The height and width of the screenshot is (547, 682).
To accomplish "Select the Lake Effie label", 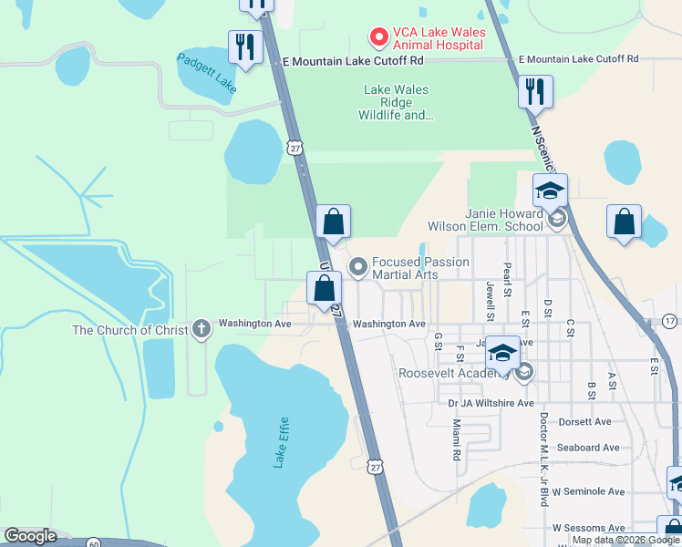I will (282, 443).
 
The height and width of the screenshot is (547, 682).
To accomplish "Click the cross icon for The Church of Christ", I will (201, 330).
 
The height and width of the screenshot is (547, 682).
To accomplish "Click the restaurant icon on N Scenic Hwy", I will (534, 91).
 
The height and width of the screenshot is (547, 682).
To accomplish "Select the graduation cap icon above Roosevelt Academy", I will (502, 352).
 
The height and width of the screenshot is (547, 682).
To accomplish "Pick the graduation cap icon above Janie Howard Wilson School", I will (550, 191).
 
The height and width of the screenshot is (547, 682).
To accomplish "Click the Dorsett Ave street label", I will (584, 422).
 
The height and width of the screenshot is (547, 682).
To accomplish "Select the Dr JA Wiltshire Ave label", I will (491, 402).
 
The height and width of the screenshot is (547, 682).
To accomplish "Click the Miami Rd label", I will (456, 439).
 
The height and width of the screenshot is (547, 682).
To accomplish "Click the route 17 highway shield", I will (670, 321).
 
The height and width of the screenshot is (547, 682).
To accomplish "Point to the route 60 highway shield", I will (94, 543).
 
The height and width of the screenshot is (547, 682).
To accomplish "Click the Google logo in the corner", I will (30, 535).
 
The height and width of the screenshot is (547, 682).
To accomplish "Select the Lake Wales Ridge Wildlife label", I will (397, 103).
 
